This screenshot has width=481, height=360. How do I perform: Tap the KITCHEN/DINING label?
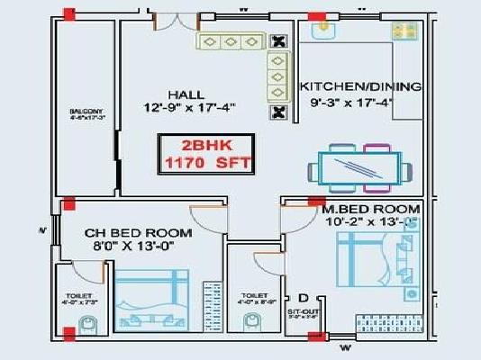click(x=359, y=87)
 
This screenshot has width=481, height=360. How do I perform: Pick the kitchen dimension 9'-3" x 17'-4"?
click(x=359, y=103)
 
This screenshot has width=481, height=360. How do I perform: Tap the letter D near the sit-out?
click(x=303, y=298)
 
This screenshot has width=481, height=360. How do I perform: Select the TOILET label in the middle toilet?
click(x=254, y=295)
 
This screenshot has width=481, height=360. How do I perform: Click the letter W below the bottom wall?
click(x=342, y=347)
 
